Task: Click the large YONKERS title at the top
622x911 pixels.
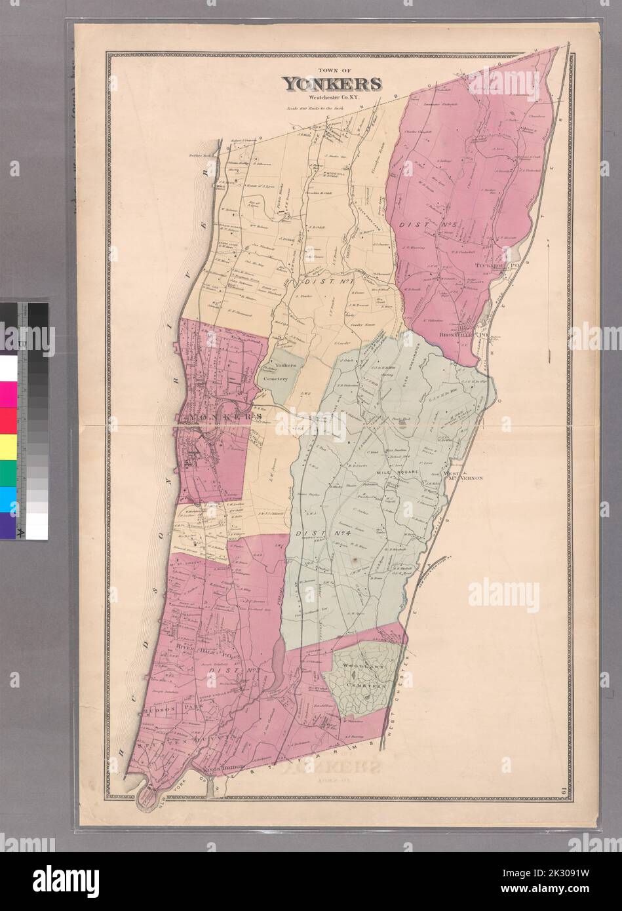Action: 332,84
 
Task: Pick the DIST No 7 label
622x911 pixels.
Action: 321,282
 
